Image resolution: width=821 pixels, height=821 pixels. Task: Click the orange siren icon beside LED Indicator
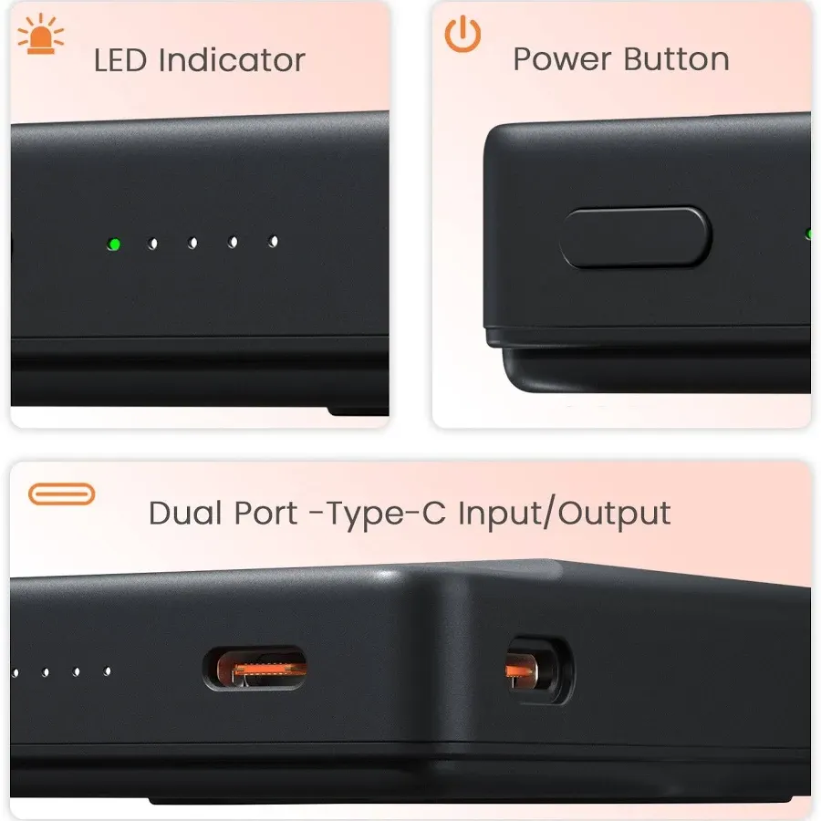(41, 36)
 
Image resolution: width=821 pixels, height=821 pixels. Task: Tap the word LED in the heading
(121, 60)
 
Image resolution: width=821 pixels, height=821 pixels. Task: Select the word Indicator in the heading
(231, 60)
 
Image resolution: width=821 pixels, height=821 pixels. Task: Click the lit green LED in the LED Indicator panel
(114, 244)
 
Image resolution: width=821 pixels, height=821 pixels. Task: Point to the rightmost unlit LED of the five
(273, 242)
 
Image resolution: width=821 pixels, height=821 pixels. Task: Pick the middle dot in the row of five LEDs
(192, 243)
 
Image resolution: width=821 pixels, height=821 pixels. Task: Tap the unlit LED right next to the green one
(153, 244)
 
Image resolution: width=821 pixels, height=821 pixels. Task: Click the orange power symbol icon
(462, 34)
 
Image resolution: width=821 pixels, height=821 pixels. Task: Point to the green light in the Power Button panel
(809, 234)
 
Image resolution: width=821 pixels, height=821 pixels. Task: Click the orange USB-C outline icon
(61, 494)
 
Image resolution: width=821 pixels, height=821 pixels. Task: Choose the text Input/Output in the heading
(564, 513)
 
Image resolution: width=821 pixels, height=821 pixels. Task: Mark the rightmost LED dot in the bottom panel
(107, 671)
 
